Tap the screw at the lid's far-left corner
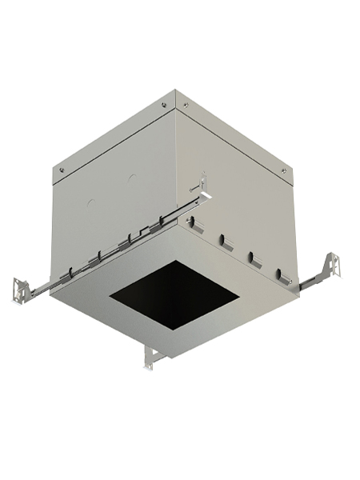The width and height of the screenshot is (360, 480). pyautogui.click(x=61, y=169)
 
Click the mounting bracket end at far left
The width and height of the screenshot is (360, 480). pyautogui.click(x=22, y=290)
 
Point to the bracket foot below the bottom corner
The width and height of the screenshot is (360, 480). pyautogui.click(x=150, y=358)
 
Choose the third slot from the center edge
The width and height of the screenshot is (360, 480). pyautogui.click(x=255, y=258)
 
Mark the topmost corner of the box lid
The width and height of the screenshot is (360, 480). pyautogui.click(x=174, y=90)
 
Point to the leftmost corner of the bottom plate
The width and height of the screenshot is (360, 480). pyautogui.click(x=50, y=293)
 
